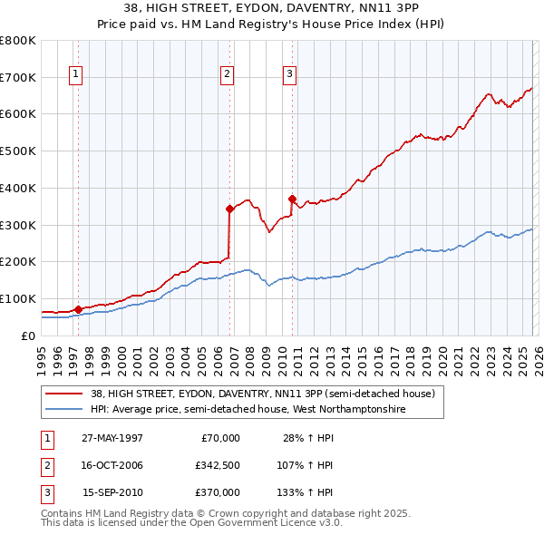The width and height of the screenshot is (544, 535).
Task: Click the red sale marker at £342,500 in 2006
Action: click(229, 209)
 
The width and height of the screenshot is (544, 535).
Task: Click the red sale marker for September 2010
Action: click(292, 199)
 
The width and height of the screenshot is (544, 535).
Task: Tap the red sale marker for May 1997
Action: click(79, 309)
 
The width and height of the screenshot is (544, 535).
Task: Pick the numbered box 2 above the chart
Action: click(227, 74)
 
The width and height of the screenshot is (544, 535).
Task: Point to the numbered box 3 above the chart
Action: click(289, 74)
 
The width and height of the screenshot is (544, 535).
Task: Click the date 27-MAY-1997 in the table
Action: click(112, 438)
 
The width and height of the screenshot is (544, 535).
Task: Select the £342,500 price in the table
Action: click(218, 465)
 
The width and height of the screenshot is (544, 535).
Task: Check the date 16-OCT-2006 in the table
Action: click(112, 465)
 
